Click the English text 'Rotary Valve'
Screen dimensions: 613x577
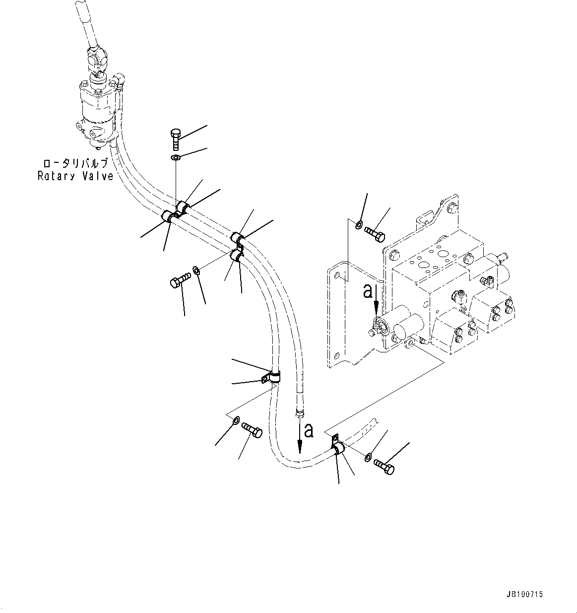75,176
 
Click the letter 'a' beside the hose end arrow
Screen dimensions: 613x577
309,430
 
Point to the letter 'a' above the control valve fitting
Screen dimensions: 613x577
368,291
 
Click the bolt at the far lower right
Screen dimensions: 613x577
384,466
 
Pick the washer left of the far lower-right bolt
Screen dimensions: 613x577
367,457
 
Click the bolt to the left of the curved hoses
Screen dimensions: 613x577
180,280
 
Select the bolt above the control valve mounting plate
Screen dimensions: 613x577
375,233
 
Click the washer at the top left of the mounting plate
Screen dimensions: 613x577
359,225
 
